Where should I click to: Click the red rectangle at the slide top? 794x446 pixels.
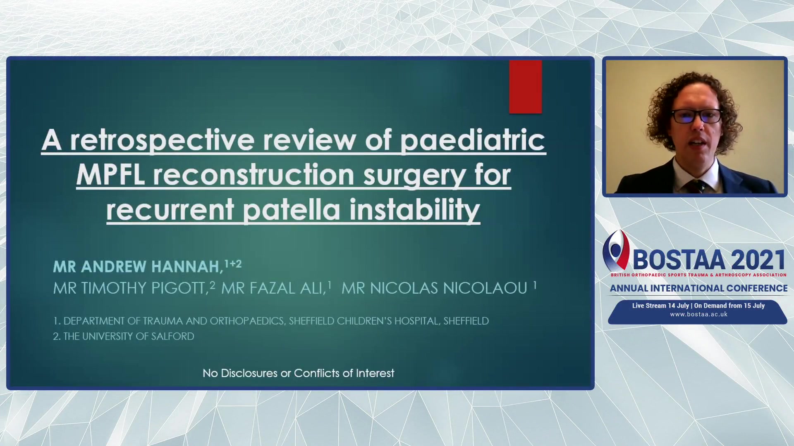(525, 87)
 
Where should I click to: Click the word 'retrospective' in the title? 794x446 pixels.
(162, 140)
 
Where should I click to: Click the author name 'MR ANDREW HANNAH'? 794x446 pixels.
(138, 267)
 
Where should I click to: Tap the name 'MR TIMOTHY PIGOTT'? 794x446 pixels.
(130, 288)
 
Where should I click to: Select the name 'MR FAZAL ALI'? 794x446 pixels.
(273, 288)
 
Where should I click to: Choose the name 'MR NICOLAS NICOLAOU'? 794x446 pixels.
(434, 288)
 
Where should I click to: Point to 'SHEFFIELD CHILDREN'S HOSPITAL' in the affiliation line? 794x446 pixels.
(364, 321)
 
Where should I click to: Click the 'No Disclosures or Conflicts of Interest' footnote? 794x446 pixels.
(298, 373)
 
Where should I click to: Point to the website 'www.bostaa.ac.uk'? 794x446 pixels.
(698, 314)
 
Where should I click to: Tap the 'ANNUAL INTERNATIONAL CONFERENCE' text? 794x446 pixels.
(698, 288)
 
